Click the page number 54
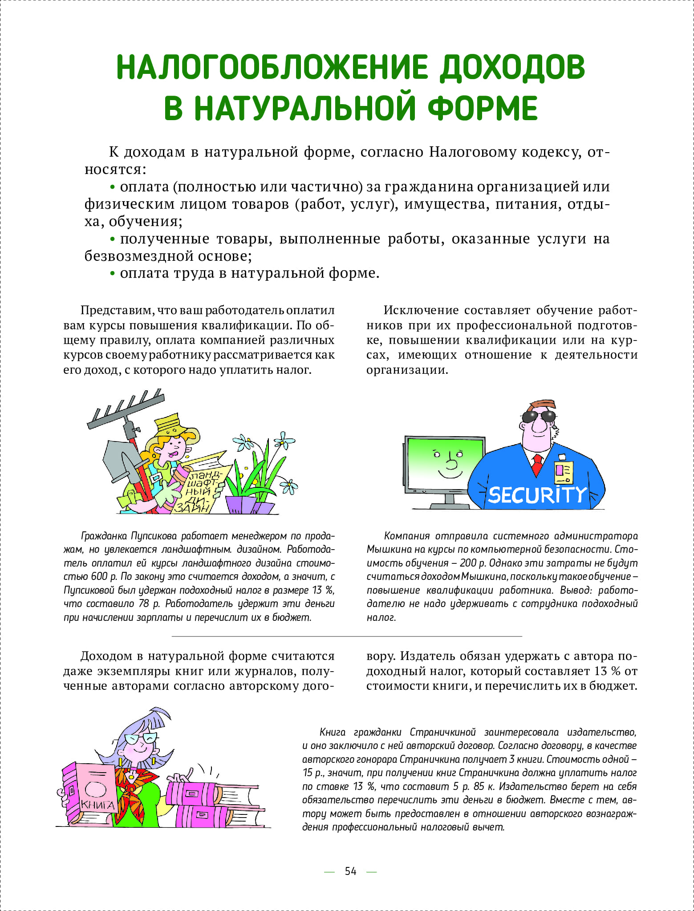[x=350, y=871]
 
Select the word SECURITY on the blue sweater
[x=537, y=494]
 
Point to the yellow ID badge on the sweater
[x=563, y=472]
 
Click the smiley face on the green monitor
[x=449, y=463]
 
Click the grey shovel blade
[x=117, y=462]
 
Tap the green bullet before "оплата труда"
[x=113, y=274]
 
